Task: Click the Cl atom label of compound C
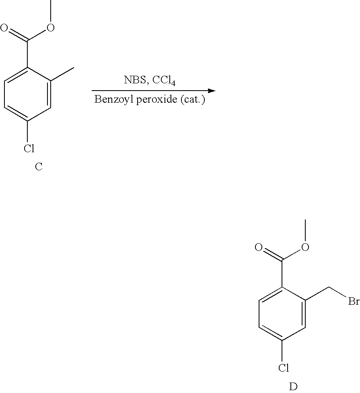(29, 148)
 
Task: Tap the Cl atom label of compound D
(284, 368)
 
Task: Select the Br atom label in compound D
(354, 301)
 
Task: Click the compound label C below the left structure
(39, 167)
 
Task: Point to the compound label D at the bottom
(293, 387)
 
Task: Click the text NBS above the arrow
(135, 80)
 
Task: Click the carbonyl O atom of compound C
(4, 27)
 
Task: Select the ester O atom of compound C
(51, 27)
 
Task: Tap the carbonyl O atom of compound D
(259, 247)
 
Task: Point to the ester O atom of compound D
(305, 247)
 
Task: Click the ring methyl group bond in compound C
(63, 74)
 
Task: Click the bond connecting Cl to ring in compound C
(27, 132)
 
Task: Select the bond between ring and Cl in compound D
(282, 352)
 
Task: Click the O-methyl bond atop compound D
(305, 231)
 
